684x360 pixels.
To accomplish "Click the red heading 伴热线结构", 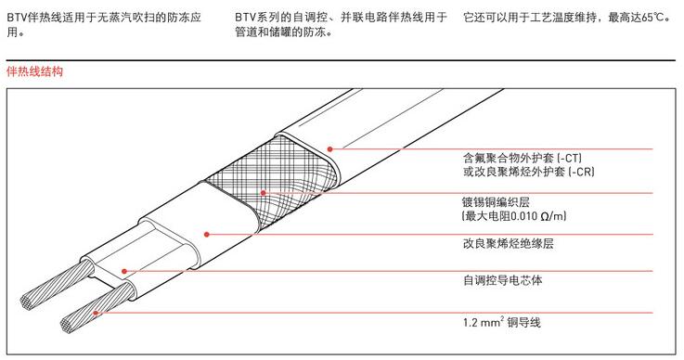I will click(33, 71).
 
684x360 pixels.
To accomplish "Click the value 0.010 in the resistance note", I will click(523, 216).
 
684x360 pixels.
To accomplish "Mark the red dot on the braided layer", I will click(264, 194).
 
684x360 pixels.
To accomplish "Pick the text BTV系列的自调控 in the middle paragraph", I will click(277, 18).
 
